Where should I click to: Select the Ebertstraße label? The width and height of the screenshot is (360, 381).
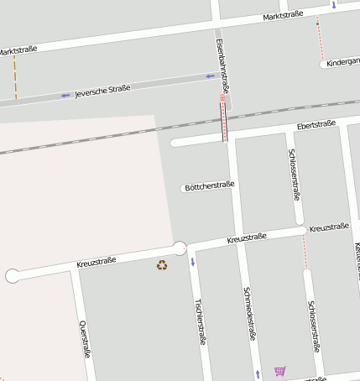point(316,125)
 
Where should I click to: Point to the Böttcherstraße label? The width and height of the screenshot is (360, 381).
point(208,185)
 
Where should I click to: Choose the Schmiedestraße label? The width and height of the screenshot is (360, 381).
point(249,313)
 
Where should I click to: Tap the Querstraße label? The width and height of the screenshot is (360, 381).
point(84,338)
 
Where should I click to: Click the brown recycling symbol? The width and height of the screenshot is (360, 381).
point(161,265)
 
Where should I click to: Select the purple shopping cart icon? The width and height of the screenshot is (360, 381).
point(279,370)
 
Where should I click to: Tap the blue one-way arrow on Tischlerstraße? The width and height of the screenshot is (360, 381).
point(193,263)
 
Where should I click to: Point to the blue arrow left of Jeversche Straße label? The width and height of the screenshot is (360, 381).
point(65,96)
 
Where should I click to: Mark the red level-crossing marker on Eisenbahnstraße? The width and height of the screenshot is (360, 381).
point(222,98)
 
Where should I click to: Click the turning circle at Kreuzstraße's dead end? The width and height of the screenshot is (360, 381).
point(13,275)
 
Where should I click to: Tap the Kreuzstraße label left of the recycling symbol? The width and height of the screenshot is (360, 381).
point(96,262)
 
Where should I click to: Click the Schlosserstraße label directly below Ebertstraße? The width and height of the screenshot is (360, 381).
point(295,175)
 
